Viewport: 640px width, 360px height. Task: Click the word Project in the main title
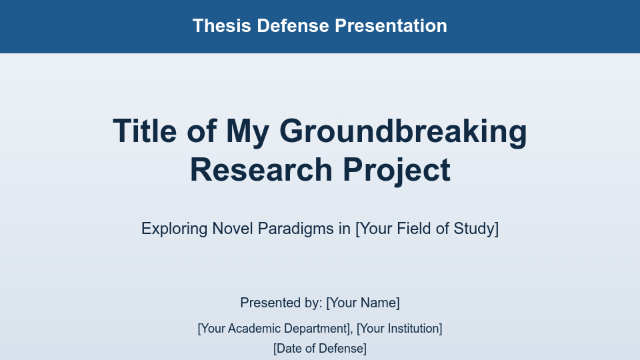[397, 169]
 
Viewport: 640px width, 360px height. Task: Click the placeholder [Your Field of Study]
[427, 229]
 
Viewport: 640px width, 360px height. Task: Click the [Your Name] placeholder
[363, 303]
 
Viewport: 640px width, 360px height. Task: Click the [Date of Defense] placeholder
[320, 349]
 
